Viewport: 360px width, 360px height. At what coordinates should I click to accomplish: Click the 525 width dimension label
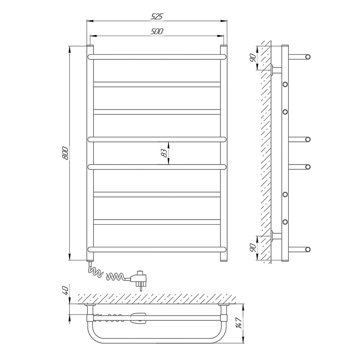click(x=157, y=17)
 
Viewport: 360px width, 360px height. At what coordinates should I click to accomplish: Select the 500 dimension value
click(x=157, y=31)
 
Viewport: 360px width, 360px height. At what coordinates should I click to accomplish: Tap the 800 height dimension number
click(x=65, y=153)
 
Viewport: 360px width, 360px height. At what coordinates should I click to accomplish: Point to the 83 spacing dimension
click(x=164, y=153)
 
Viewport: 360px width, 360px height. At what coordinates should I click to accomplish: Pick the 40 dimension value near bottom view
click(x=65, y=291)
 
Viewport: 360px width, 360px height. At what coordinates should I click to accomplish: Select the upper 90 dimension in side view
click(x=253, y=58)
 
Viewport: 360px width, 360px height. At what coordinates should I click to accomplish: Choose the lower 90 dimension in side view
click(x=253, y=248)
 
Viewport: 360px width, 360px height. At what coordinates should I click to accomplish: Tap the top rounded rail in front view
click(x=157, y=57)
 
